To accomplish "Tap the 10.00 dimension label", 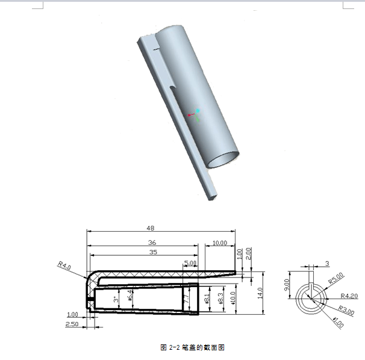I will point(220,243).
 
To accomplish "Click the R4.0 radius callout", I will point(64,264).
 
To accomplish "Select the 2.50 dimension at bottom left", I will point(72,324).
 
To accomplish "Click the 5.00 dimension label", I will point(190,263).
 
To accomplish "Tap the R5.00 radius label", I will point(335,277).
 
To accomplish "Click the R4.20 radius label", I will point(349,296).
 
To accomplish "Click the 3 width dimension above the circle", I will point(327,263).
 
